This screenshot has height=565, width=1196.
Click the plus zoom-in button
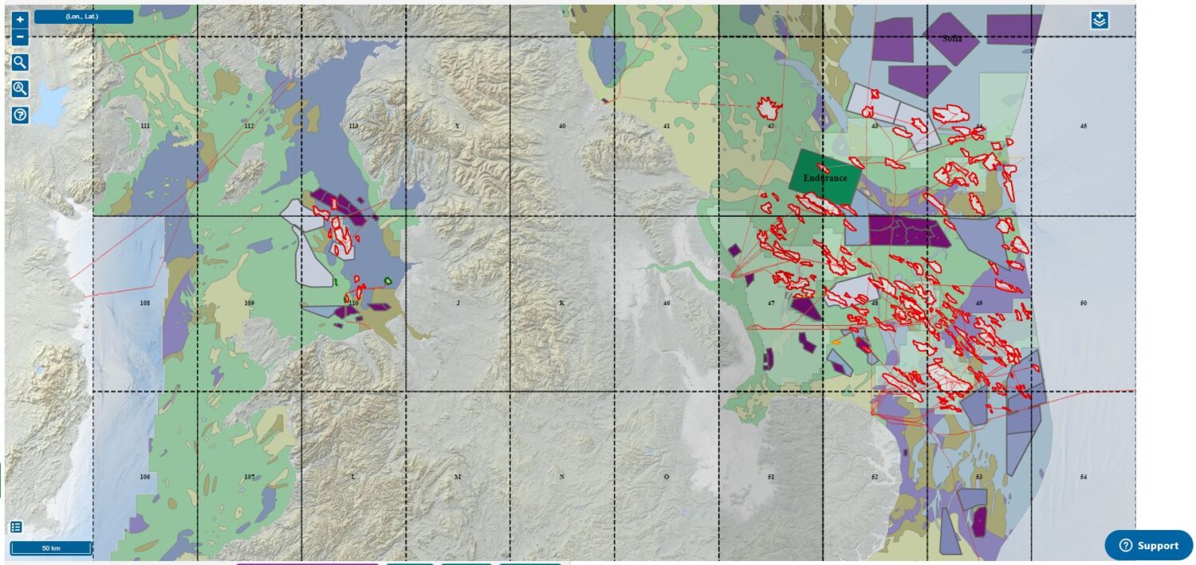coord(21,19)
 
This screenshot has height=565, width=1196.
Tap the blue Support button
coord(1148,545)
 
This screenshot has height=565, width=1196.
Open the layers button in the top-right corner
coord(1100,21)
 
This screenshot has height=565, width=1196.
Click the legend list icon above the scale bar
coord(16,527)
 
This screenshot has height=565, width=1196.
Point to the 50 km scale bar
coord(50,548)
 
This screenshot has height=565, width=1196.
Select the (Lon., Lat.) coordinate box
coord(83,17)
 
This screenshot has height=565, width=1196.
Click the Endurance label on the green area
coord(824,178)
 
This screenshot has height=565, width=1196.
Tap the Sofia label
coord(952,38)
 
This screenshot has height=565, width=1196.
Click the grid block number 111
coord(145,127)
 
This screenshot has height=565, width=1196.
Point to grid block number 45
coord(1083,127)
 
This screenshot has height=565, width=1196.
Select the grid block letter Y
coord(457,127)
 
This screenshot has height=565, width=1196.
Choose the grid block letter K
coord(562,303)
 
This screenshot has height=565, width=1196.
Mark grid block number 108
coord(145,303)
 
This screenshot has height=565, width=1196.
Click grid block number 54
coord(1083,477)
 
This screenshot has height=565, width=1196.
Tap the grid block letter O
coord(667,477)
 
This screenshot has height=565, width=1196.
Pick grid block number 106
coord(145,477)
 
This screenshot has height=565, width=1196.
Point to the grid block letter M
coord(458,477)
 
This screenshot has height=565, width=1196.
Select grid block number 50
coord(1083,303)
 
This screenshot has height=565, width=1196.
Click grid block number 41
coord(667,127)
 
